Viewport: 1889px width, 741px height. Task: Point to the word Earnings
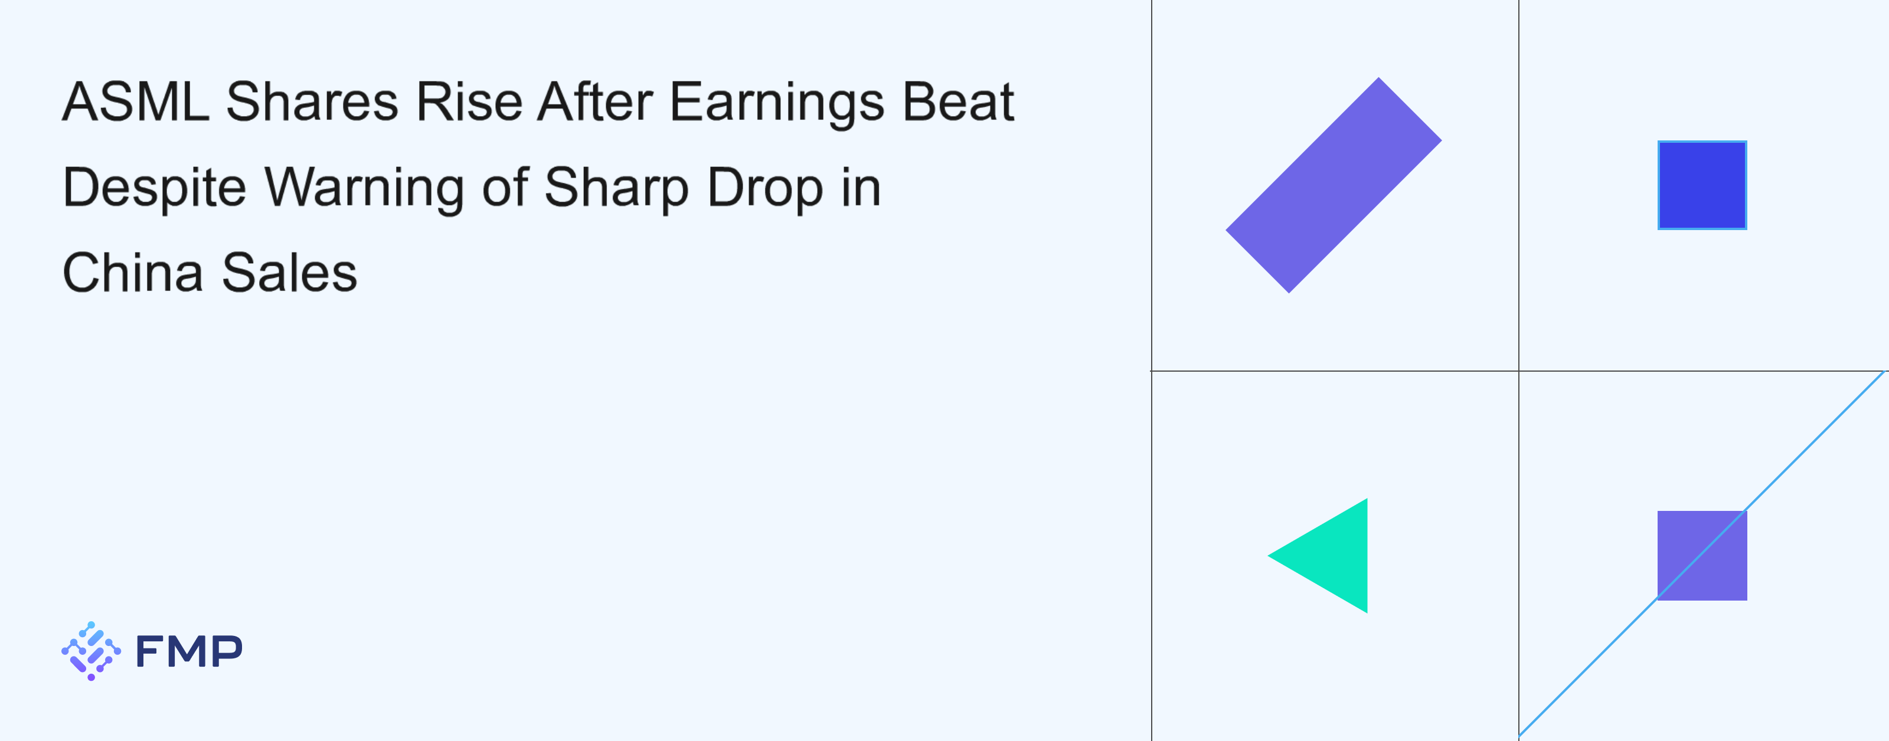[777, 104]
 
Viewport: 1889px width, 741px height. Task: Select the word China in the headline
[133, 273]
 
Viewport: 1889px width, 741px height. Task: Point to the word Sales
[290, 273]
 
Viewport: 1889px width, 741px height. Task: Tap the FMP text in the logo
[189, 651]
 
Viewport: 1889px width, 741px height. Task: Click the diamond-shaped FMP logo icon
[91, 651]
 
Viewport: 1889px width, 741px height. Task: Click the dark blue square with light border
[1702, 185]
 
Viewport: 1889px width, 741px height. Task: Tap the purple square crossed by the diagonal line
[1702, 556]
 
